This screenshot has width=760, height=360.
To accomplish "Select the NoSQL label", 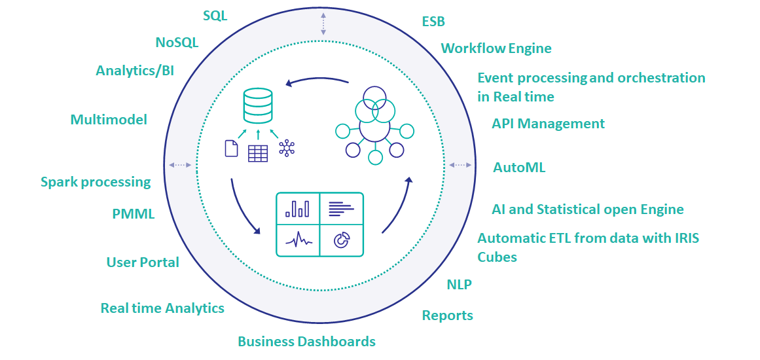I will pos(177,43).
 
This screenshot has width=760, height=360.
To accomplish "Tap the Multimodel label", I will pos(109,119).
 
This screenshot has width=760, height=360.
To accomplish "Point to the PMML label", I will pos(134,213).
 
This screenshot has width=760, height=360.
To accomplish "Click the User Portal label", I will pos(143,262).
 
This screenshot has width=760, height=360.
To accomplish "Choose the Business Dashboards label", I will pos(306,341).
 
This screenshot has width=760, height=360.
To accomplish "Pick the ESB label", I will pos(433,22).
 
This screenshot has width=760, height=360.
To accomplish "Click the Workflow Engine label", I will pos(496,48).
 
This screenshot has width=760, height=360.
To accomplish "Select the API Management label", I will pos(549,124).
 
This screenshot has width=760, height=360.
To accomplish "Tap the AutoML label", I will pos(519,168).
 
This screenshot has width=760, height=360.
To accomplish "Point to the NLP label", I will pos(459,284).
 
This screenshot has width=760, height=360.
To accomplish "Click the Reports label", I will pos(447,315).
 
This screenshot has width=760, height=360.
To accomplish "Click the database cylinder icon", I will pos(257,106).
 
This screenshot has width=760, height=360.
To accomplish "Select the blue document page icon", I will pos(231,149).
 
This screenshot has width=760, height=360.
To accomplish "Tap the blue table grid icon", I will pos(257,153).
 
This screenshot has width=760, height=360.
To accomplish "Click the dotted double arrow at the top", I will pos(323,23).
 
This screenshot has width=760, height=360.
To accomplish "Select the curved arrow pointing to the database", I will pos(317,81).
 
